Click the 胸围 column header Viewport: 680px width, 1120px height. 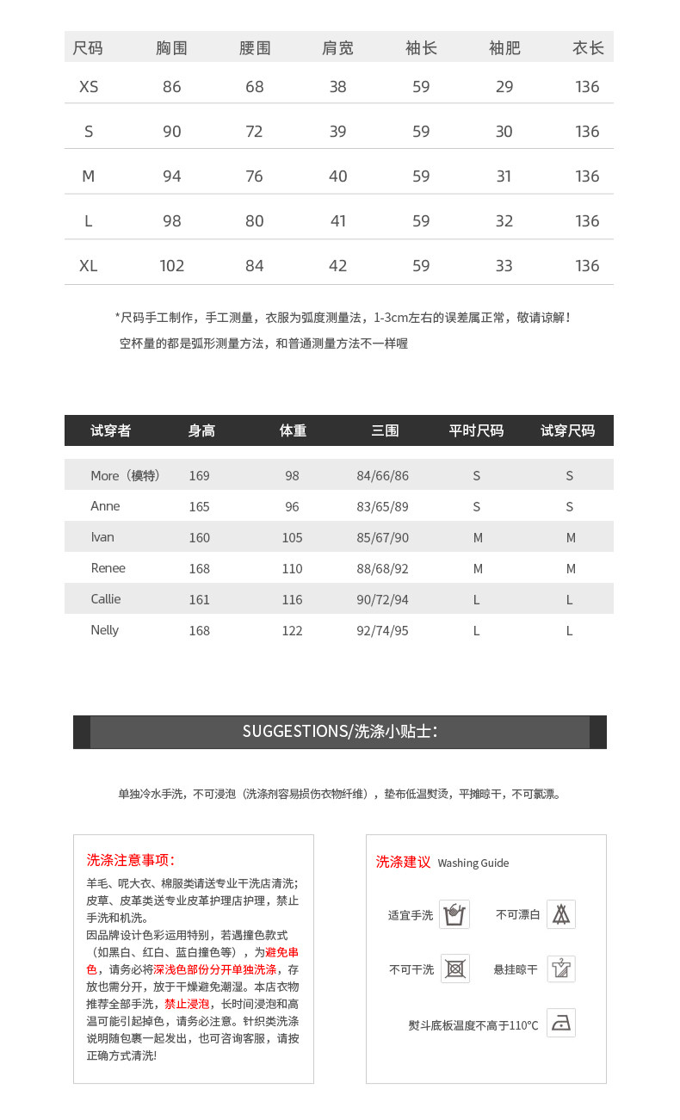171,48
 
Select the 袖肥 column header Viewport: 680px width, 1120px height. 504,48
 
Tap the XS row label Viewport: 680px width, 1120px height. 89,87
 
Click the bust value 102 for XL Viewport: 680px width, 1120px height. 172,266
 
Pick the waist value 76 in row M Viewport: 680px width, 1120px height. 255,176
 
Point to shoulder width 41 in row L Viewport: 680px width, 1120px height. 337,221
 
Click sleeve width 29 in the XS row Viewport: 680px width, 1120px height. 504,87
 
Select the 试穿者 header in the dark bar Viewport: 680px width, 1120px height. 111,430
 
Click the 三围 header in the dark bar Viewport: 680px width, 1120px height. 385,430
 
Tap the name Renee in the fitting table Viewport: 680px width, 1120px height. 108,568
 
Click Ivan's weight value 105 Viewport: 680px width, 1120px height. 293,538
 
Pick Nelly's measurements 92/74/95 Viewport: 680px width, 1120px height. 382,631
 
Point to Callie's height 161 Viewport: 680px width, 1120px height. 199,600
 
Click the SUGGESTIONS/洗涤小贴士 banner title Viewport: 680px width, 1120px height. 339,732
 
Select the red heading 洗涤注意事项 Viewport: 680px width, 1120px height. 131,860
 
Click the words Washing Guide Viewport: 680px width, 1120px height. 473,863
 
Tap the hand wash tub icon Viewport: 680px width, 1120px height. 454,914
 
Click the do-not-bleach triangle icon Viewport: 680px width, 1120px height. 561,914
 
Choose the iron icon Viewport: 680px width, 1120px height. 561,1024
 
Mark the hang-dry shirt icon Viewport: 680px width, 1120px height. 561,969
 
